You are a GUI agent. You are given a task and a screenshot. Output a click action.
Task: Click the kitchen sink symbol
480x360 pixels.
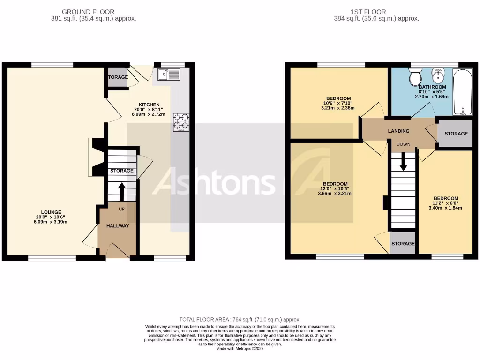pos(169,74)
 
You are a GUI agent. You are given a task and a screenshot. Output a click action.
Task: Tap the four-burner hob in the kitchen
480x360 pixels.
pos(181,122)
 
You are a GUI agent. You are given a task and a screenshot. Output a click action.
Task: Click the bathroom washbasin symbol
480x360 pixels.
pos(439,75)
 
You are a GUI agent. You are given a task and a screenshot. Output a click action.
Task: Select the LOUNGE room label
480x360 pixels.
pos(51,212)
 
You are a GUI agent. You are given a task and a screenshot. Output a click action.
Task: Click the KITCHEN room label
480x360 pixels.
pos(149,105)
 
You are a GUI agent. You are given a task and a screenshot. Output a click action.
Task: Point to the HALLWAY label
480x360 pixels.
pos(117,226)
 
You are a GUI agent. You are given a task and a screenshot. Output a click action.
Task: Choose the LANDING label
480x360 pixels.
pos(398,131)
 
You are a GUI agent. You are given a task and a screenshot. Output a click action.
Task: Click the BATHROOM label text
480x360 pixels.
pos(432,87)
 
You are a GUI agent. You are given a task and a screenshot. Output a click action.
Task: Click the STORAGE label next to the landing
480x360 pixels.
pos(456,134)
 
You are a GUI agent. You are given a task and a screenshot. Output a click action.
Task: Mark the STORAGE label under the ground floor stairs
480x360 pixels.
pos(122,171)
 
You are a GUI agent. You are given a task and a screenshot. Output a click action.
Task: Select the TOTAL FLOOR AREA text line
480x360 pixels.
pos(240,319)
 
